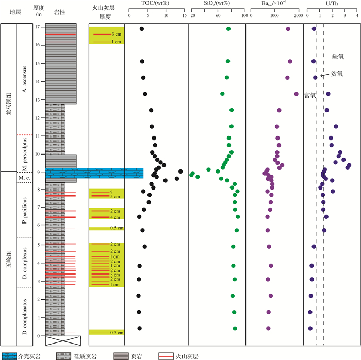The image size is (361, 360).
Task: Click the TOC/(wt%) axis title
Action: (155, 5)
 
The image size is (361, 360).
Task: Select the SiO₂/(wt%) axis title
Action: (217, 5)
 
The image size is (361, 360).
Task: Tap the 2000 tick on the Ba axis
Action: (298, 16)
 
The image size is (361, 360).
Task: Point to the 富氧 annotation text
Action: (310, 96)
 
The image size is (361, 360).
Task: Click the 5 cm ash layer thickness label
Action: (114, 196)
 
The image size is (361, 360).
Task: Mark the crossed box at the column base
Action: (63, 340)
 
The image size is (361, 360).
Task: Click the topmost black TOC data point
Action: (141, 29)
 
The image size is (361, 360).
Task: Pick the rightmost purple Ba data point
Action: (296, 94)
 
